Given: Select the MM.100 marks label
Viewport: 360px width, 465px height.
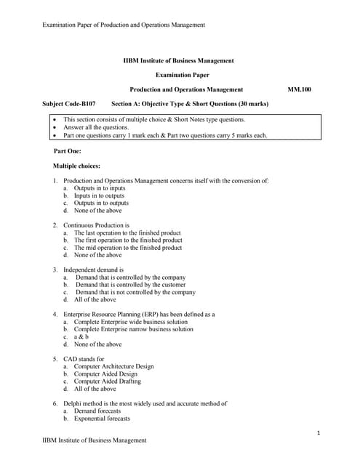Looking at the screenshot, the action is pyautogui.click(x=299, y=89).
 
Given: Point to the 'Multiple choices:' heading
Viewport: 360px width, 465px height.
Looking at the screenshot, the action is pyautogui.click(x=76, y=166).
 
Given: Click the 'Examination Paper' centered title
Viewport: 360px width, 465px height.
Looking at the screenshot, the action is pyautogui.click(x=179, y=75).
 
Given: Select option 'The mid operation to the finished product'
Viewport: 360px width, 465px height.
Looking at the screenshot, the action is pyautogui.click(x=128, y=248).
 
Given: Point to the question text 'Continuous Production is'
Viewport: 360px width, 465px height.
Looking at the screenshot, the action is pyautogui.click(x=96, y=225).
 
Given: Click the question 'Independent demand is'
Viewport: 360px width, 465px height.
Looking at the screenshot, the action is pyautogui.click(x=93, y=270).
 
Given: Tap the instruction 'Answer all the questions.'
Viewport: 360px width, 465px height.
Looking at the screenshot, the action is pyautogui.click(x=96, y=127).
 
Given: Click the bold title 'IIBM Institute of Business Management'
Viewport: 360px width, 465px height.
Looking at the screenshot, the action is pyautogui.click(x=179, y=60).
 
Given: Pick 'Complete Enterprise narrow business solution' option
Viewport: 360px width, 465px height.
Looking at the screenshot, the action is pyautogui.click(x=134, y=329).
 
